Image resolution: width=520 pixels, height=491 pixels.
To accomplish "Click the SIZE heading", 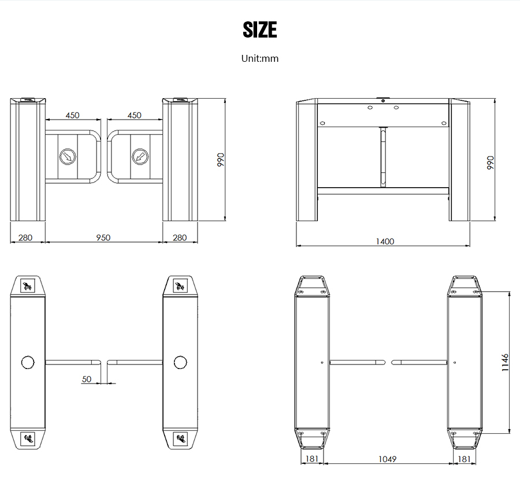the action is [x=259, y=29].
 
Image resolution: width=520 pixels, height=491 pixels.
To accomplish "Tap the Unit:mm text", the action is [x=259, y=58].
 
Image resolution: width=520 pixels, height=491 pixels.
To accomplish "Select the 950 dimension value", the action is [x=103, y=237].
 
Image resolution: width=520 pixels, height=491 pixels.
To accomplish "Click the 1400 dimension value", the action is [x=385, y=241].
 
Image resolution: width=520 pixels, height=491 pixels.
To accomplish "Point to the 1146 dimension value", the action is [x=505, y=362].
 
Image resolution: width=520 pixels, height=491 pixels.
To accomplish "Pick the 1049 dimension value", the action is [x=387, y=459].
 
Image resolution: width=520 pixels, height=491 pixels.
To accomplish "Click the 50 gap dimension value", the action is [x=87, y=379].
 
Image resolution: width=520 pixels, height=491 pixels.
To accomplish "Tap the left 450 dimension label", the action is [x=72, y=115].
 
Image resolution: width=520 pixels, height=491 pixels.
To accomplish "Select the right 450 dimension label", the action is [x=134, y=115].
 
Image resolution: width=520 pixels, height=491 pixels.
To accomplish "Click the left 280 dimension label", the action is [x=25, y=237].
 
